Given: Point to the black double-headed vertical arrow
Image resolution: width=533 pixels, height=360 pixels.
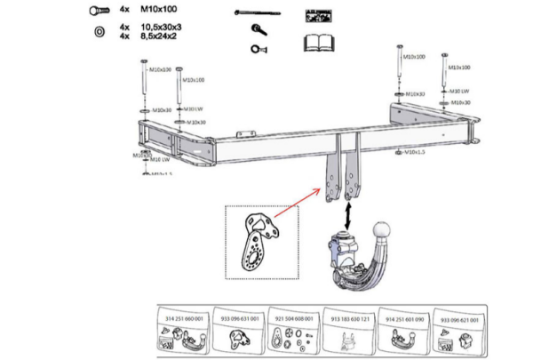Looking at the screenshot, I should pos(346,213).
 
